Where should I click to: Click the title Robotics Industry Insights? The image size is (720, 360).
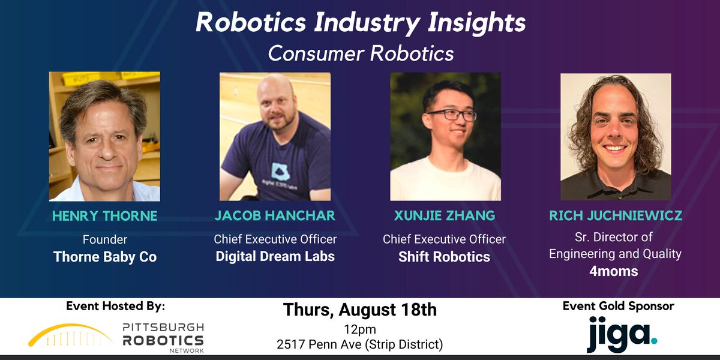(360, 23)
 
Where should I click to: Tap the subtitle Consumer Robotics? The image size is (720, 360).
(360, 53)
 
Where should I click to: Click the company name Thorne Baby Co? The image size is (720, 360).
(104, 257)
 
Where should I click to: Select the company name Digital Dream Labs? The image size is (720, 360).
(275, 257)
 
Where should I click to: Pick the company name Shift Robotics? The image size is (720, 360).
(445, 257)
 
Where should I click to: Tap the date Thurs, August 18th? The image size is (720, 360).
(360, 310)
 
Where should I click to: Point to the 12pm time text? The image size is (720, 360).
(360, 329)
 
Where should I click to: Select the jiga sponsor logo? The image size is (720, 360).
(622, 335)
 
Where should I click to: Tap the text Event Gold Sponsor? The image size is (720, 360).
(618, 306)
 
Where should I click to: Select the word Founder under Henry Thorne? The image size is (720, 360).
(104, 239)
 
